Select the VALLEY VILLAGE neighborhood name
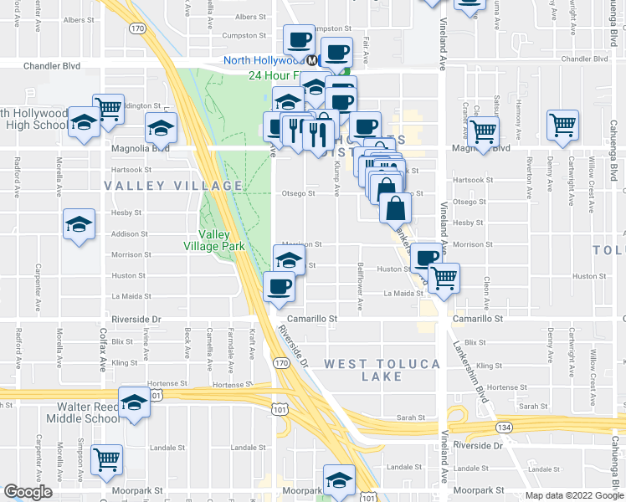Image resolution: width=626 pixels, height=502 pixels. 172,185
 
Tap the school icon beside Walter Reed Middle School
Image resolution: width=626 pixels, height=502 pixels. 134,402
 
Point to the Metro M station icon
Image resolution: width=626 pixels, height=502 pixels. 311,60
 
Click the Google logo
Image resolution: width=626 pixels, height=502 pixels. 28,492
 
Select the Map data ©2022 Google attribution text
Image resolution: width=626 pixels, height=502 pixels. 573,495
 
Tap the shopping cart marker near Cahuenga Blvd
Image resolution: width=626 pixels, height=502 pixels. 562,125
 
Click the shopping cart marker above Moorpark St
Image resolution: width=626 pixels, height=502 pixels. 107,459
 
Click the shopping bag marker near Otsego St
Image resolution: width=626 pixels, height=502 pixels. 395,207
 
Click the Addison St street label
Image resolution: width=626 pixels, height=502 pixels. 130,234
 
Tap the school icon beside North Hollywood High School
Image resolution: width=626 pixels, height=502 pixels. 84,123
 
